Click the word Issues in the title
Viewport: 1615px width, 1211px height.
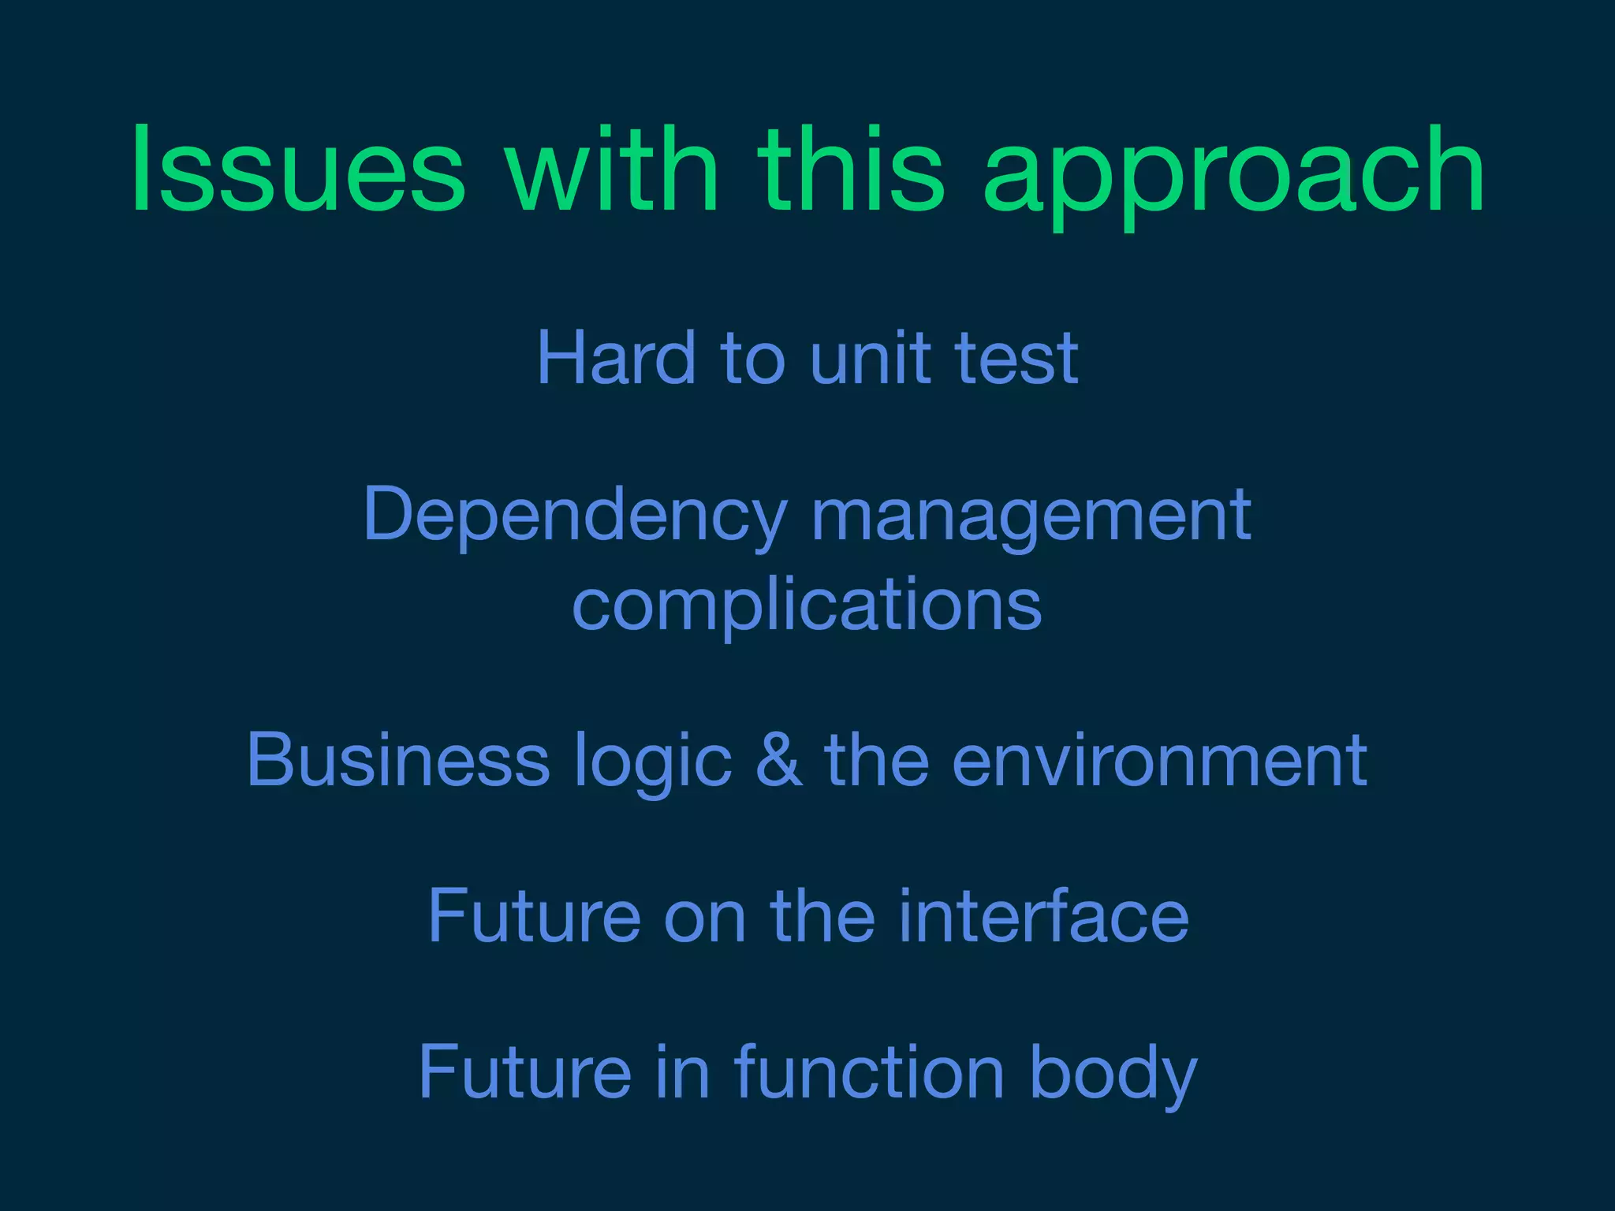[298, 170]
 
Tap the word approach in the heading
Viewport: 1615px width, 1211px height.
[1234, 173]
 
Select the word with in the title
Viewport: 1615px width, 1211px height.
[613, 170]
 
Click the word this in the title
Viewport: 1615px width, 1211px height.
[851, 170]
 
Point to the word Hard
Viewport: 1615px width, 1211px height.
[616, 359]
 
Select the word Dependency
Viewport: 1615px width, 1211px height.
[575, 516]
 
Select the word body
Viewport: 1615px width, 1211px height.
[1113, 1072]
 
